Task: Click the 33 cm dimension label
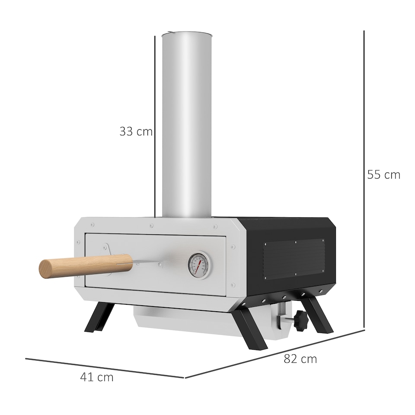click(x=136, y=131)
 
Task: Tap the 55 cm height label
click(x=383, y=175)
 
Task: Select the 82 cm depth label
click(x=300, y=359)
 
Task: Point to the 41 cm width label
click(x=97, y=377)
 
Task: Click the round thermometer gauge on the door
click(x=199, y=265)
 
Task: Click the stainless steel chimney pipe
click(x=187, y=125)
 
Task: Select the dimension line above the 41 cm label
click(x=104, y=367)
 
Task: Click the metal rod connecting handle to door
click(x=147, y=261)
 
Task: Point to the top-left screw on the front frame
click(x=92, y=224)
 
